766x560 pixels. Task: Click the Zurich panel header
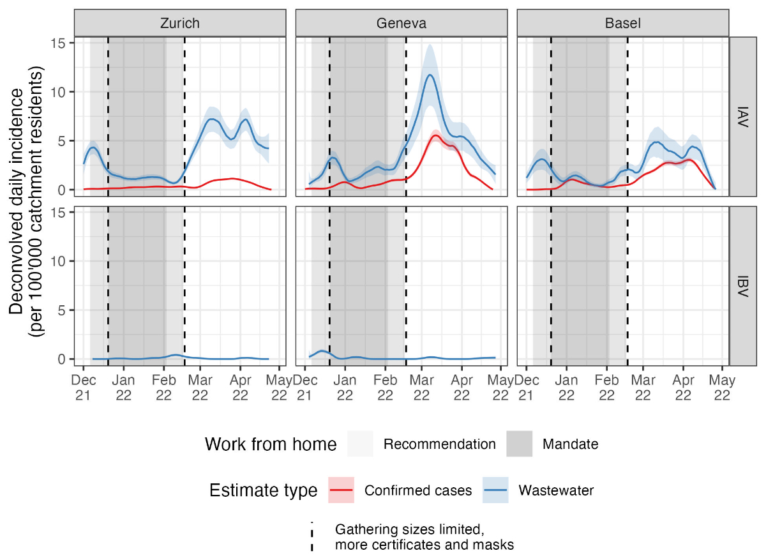click(x=179, y=24)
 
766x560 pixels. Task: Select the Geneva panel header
click(x=401, y=24)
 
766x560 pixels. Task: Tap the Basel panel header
click(x=622, y=24)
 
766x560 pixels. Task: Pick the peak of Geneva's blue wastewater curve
click(x=431, y=75)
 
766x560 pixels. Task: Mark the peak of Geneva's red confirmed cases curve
click(x=435, y=135)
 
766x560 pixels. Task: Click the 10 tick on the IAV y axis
click(x=61, y=92)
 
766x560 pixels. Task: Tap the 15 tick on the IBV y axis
click(x=61, y=213)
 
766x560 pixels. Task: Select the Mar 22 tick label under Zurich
click(x=200, y=388)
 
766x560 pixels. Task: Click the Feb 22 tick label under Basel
click(x=606, y=388)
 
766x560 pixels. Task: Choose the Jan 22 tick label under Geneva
click(x=345, y=388)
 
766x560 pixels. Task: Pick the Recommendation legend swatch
click(x=361, y=444)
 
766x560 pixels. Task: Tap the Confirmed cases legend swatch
click(x=341, y=490)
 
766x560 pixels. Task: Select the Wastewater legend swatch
click(x=495, y=490)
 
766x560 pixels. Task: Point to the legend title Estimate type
click(x=263, y=490)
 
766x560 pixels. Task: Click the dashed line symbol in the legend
click(x=312, y=537)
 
